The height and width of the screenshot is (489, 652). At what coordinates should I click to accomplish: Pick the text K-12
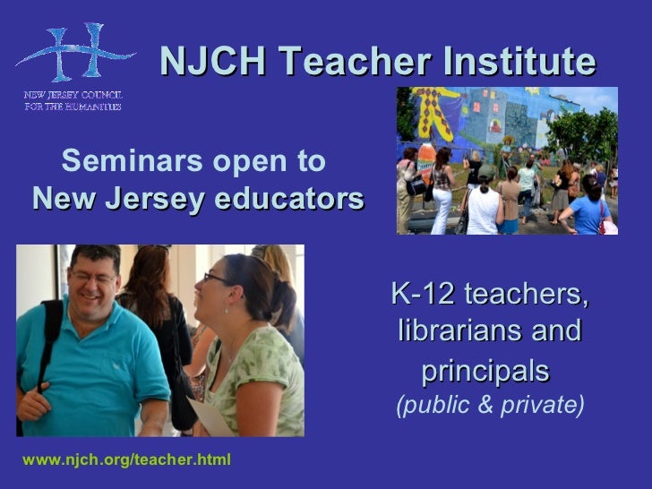click(x=425, y=293)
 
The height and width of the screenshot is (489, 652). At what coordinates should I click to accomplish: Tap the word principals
click(x=484, y=369)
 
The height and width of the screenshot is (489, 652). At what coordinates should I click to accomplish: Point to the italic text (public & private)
click(x=490, y=406)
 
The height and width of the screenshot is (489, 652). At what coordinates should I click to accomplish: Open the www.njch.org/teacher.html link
click(x=126, y=460)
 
